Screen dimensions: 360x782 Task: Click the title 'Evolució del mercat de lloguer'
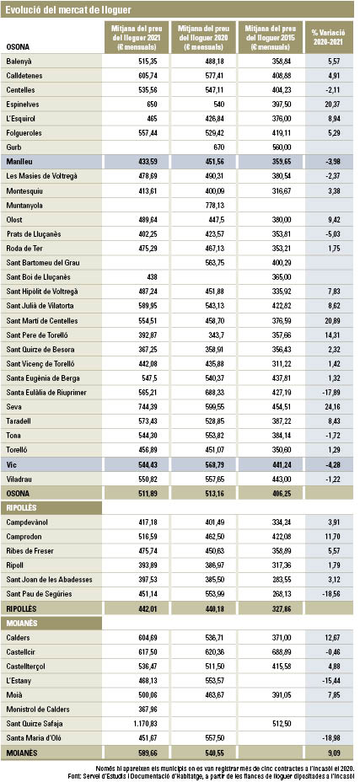click(x=69, y=9)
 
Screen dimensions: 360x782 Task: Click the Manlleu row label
click(x=18, y=162)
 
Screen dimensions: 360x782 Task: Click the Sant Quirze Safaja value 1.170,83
click(x=144, y=723)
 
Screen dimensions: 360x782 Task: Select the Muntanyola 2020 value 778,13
click(x=214, y=205)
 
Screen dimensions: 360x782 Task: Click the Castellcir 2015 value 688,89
click(x=281, y=651)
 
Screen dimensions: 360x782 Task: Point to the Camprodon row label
click(x=24, y=537)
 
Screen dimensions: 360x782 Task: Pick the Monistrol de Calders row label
click(x=38, y=709)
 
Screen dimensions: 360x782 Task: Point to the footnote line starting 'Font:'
click(x=212, y=776)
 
